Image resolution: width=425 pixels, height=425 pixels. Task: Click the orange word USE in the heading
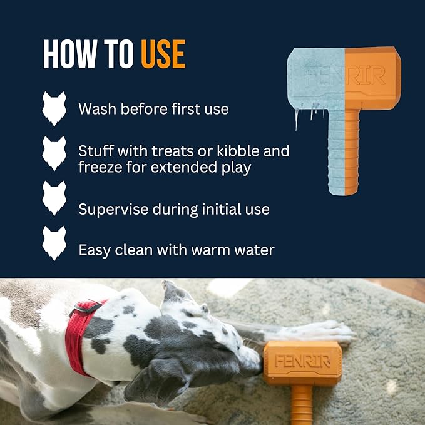tap(163, 54)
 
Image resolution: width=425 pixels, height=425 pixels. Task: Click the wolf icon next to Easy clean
tap(54, 243)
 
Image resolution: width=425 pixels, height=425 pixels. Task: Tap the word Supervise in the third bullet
tap(112, 209)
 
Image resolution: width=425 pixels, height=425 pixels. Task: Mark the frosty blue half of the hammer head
tap(316, 78)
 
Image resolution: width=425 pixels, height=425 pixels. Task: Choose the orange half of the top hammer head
tap(372, 78)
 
